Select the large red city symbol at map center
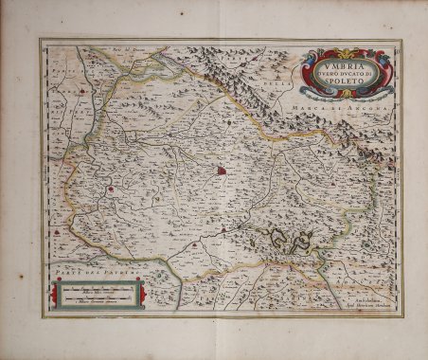pyautogui.click(x=221, y=171)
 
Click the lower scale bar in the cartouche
pyautogui.click(x=95, y=301)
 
